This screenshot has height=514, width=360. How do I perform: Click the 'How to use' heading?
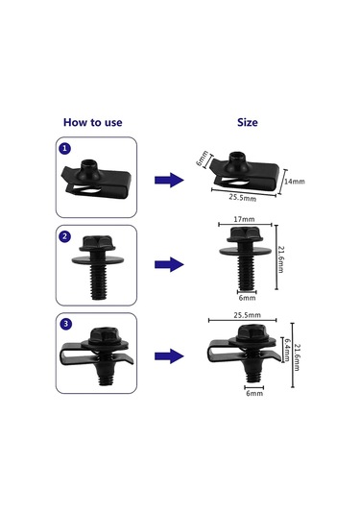point(93,122)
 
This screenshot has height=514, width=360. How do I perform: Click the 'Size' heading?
point(248,122)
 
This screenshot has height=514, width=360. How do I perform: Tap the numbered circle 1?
point(65,148)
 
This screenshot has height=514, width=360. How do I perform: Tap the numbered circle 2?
point(65,236)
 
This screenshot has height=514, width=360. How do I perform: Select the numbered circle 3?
point(66,324)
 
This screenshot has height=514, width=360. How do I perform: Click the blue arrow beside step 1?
point(169,180)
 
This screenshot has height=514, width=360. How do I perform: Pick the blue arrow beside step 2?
point(169,264)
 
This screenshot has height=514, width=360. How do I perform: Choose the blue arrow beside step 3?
point(169,356)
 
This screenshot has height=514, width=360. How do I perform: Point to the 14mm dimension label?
point(294,182)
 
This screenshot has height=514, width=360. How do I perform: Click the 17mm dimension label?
point(244,219)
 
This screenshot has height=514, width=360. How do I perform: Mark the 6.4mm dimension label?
point(286,350)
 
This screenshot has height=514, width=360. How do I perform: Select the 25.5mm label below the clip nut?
point(243,198)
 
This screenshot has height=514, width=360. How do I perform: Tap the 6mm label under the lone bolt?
point(247,298)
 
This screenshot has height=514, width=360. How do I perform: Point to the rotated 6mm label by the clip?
point(203,158)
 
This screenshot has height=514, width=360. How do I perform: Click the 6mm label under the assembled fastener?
point(254,393)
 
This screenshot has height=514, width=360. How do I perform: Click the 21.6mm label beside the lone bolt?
point(280,259)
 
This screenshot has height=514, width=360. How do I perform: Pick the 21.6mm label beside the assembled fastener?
point(297,357)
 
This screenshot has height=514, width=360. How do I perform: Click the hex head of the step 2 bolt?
point(97,243)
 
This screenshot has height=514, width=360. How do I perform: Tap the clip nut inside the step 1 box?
point(96,178)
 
